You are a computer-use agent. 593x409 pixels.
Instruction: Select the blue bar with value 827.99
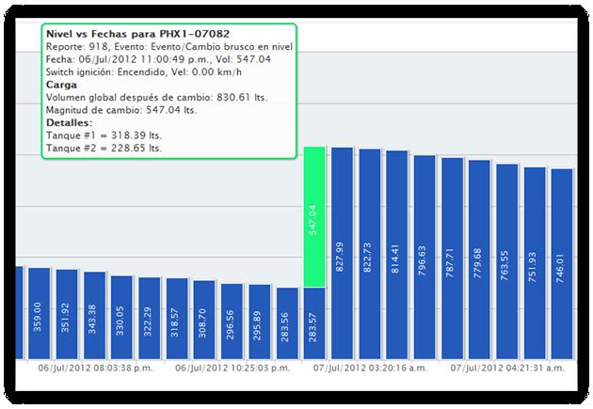click(x=342, y=253)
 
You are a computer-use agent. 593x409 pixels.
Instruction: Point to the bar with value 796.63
click(x=425, y=258)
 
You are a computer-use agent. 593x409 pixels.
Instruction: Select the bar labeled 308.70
click(x=204, y=320)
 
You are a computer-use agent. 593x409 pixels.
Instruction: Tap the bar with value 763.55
click(x=507, y=261)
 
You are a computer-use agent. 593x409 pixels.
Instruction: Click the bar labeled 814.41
click(x=397, y=256)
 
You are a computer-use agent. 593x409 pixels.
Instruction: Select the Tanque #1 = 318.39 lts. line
click(x=95, y=135)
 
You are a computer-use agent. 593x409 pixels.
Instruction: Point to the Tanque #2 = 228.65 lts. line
click(x=95, y=149)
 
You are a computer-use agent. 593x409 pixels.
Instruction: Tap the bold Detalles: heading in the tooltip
click(x=69, y=122)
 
